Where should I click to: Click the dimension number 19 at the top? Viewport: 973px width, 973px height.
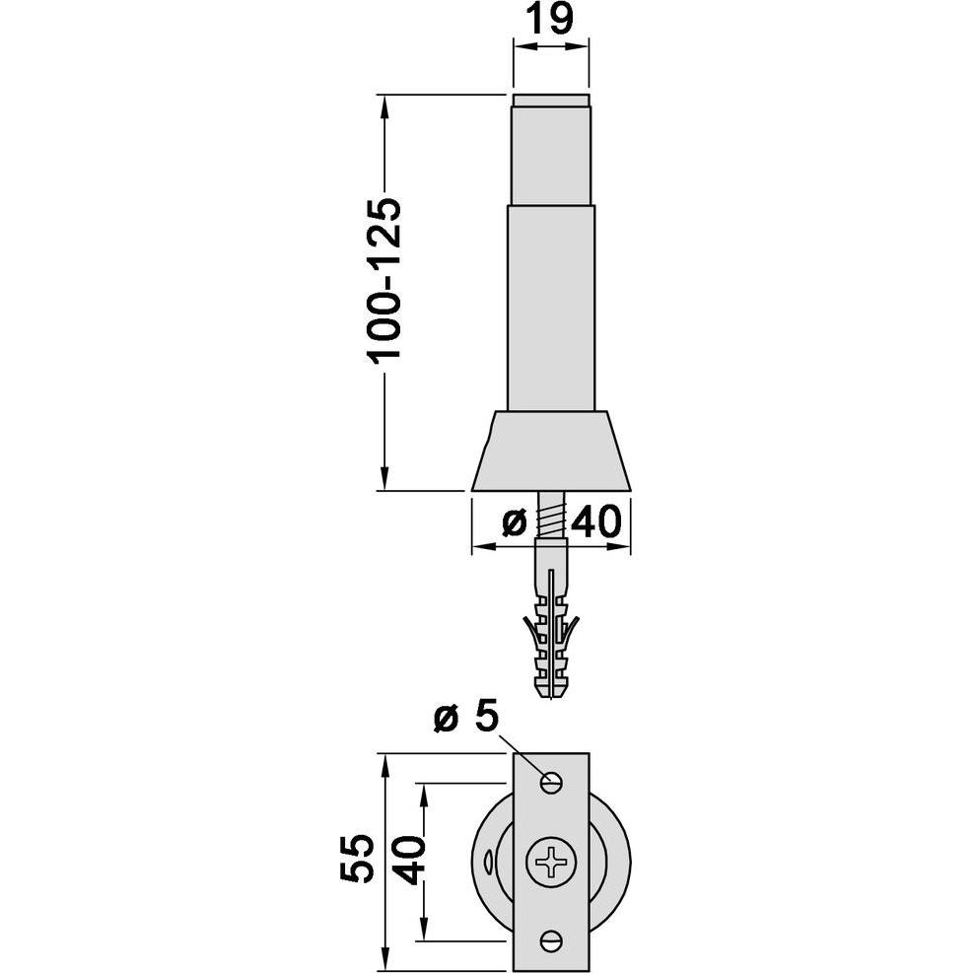[x=550, y=19]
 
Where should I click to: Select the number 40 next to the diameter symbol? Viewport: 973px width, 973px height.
[x=595, y=521]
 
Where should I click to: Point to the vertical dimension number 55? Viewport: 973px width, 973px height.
[x=358, y=859]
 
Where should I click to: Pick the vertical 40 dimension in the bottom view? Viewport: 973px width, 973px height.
[x=409, y=860]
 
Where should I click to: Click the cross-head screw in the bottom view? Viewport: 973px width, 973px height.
[x=551, y=862]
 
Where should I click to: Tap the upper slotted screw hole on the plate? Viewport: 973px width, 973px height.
[x=551, y=783]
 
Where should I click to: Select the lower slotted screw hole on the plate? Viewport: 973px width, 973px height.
[x=551, y=940]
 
